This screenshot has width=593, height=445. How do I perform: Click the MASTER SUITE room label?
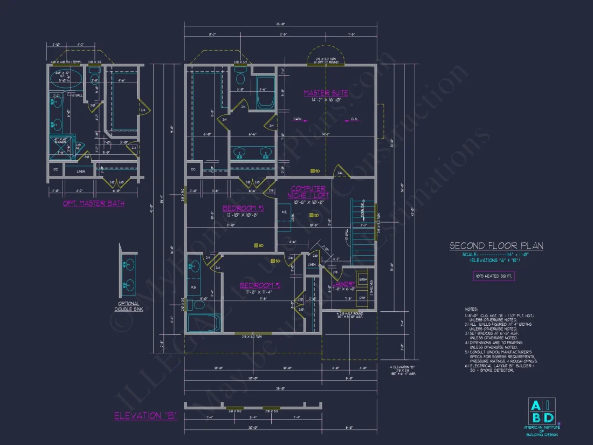pyautogui.click(x=326, y=93)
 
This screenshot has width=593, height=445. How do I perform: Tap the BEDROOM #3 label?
pyautogui.click(x=243, y=208)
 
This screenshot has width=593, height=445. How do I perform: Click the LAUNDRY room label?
pyautogui.click(x=344, y=284)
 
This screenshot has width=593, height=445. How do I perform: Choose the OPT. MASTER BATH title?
pyautogui.click(x=93, y=203)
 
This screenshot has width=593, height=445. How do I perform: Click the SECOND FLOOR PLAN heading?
pyautogui.click(x=497, y=246)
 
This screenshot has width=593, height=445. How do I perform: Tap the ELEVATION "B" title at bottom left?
pyautogui.click(x=146, y=416)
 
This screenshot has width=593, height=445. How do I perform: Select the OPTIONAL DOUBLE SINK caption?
pyautogui.click(x=128, y=306)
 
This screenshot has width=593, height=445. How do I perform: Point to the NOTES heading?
pyautogui.click(x=471, y=309)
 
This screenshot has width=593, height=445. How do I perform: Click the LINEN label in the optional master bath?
pyautogui.click(x=81, y=172)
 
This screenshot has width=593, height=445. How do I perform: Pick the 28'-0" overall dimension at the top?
pyautogui.click(x=280, y=24)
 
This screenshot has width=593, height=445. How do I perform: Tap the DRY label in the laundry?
pyautogui.click(x=363, y=297)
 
